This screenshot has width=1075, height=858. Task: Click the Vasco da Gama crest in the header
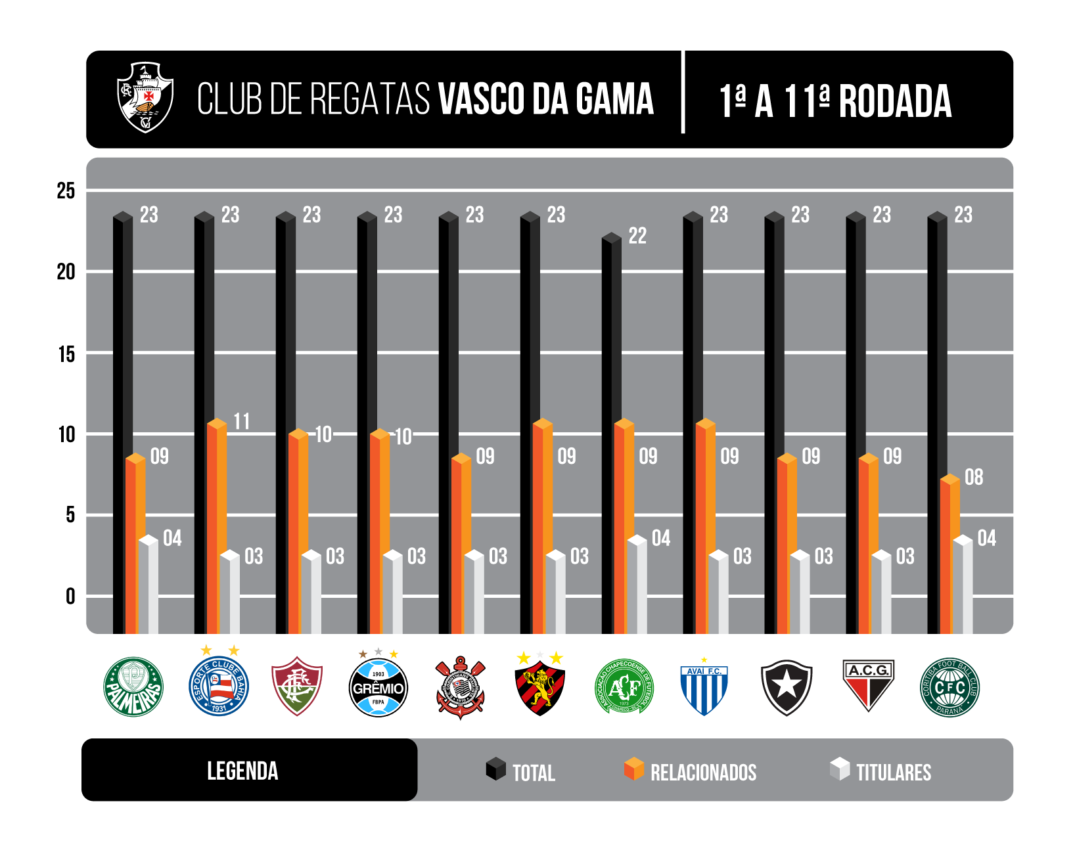point(145,97)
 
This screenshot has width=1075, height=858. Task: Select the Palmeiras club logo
point(133,687)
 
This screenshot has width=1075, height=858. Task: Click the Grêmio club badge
point(378,688)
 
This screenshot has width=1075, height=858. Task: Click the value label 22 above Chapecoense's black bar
point(637,236)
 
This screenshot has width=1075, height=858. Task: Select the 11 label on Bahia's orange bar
point(242,422)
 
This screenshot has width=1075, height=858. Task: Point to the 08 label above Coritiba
point(973,478)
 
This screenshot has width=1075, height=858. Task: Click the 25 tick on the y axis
point(66,191)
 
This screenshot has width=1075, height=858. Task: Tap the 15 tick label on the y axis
point(66,355)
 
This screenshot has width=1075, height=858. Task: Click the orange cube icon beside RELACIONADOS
point(633,769)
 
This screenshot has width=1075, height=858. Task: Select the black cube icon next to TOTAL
point(495,769)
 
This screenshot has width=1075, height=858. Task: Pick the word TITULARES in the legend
point(894,773)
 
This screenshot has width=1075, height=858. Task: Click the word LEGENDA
point(242,771)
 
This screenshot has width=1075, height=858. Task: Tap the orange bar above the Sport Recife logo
point(542,526)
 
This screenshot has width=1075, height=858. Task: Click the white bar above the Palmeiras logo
point(149,585)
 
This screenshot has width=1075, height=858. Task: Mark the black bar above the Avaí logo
point(693,420)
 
